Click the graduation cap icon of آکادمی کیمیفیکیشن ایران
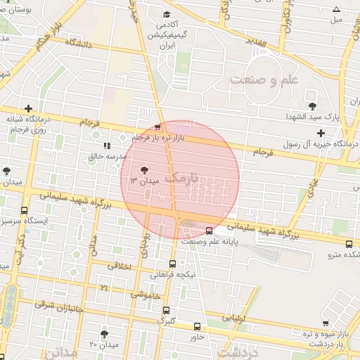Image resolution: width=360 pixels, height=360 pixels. [x=167, y=15]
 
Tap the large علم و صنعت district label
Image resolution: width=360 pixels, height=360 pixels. [x=264, y=79]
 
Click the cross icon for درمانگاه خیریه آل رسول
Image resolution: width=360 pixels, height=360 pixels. [x=321, y=133]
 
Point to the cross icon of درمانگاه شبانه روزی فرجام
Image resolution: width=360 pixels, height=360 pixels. [x=27, y=109]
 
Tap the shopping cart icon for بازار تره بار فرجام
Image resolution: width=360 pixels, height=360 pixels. [x=157, y=127]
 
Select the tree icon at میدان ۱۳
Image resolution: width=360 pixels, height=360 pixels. [x=145, y=169]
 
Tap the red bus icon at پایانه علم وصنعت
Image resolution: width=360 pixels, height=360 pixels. [x=209, y=231]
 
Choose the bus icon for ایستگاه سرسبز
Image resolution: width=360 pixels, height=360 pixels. [x=25, y=210]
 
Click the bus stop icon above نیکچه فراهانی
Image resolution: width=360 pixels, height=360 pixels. [x=173, y=264]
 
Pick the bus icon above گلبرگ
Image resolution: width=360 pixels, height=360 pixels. [x=166, y=310]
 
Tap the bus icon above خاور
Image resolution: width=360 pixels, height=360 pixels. [x=197, y=326]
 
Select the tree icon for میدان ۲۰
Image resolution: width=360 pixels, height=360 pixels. [x=105, y=333]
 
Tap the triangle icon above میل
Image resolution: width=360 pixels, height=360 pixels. [x=336, y=9]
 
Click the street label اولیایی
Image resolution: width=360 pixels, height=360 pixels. [x=235, y=318]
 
